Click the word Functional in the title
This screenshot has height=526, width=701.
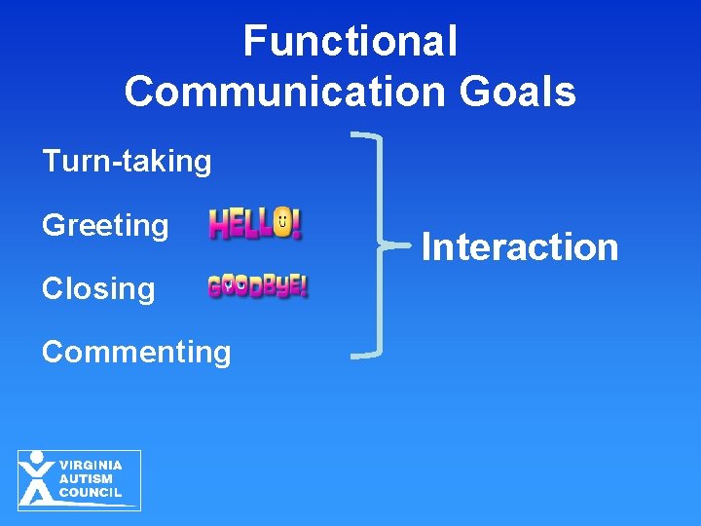point(350,42)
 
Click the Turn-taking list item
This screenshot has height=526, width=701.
point(127,162)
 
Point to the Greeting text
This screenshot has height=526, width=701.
point(105,226)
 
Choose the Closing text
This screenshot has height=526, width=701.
point(98,289)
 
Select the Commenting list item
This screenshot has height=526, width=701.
point(136,352)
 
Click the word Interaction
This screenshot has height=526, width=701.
point(520,247)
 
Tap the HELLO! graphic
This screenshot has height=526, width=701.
point(255,224)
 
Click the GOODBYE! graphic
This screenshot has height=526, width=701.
point(257,286)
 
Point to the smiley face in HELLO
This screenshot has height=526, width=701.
point(282,223)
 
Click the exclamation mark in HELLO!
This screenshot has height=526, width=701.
point(297,223)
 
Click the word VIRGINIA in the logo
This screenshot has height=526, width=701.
point(91,466)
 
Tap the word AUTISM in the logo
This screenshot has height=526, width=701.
point(86,479)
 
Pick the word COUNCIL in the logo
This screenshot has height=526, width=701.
point(91,493)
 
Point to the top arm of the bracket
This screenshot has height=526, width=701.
point(368,137)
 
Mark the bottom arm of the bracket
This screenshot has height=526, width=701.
point(368,356)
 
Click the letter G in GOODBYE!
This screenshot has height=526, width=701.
point(215,286)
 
